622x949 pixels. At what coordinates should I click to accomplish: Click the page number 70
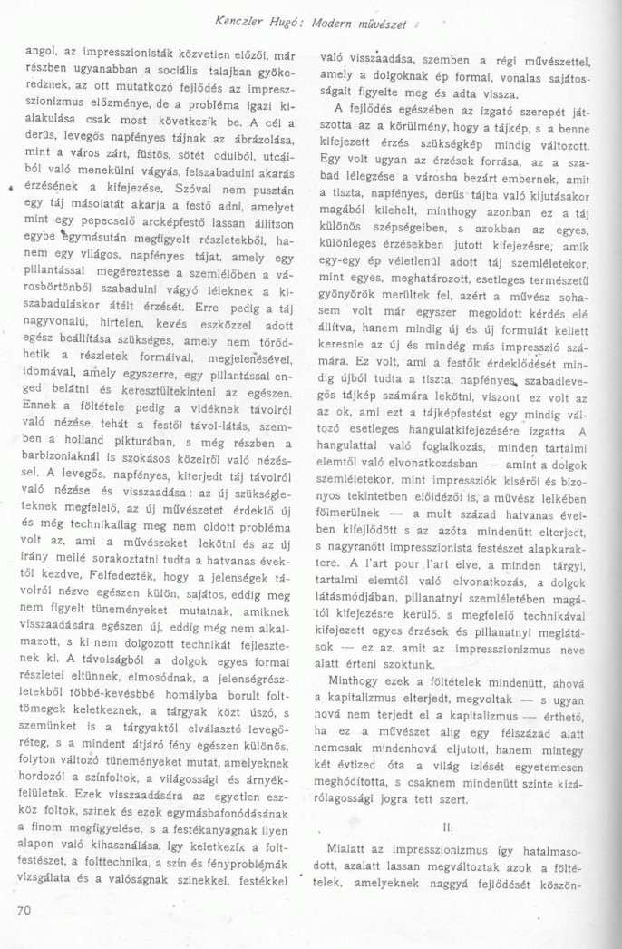coord(24,908)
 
